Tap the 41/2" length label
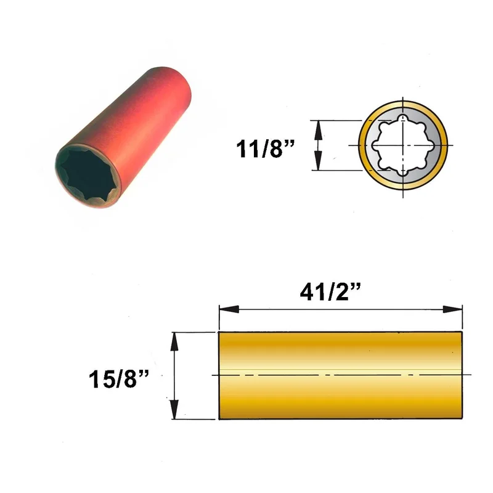(x=330, y=291)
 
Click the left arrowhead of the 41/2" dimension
(x=229, y=309)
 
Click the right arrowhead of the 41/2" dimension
(x=452, y=309)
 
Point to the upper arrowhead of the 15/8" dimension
(x=174, y=342)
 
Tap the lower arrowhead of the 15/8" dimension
(x=174, y=409)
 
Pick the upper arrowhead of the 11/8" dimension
(x=319, y=130)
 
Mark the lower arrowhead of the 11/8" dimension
(x=319, y=160)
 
